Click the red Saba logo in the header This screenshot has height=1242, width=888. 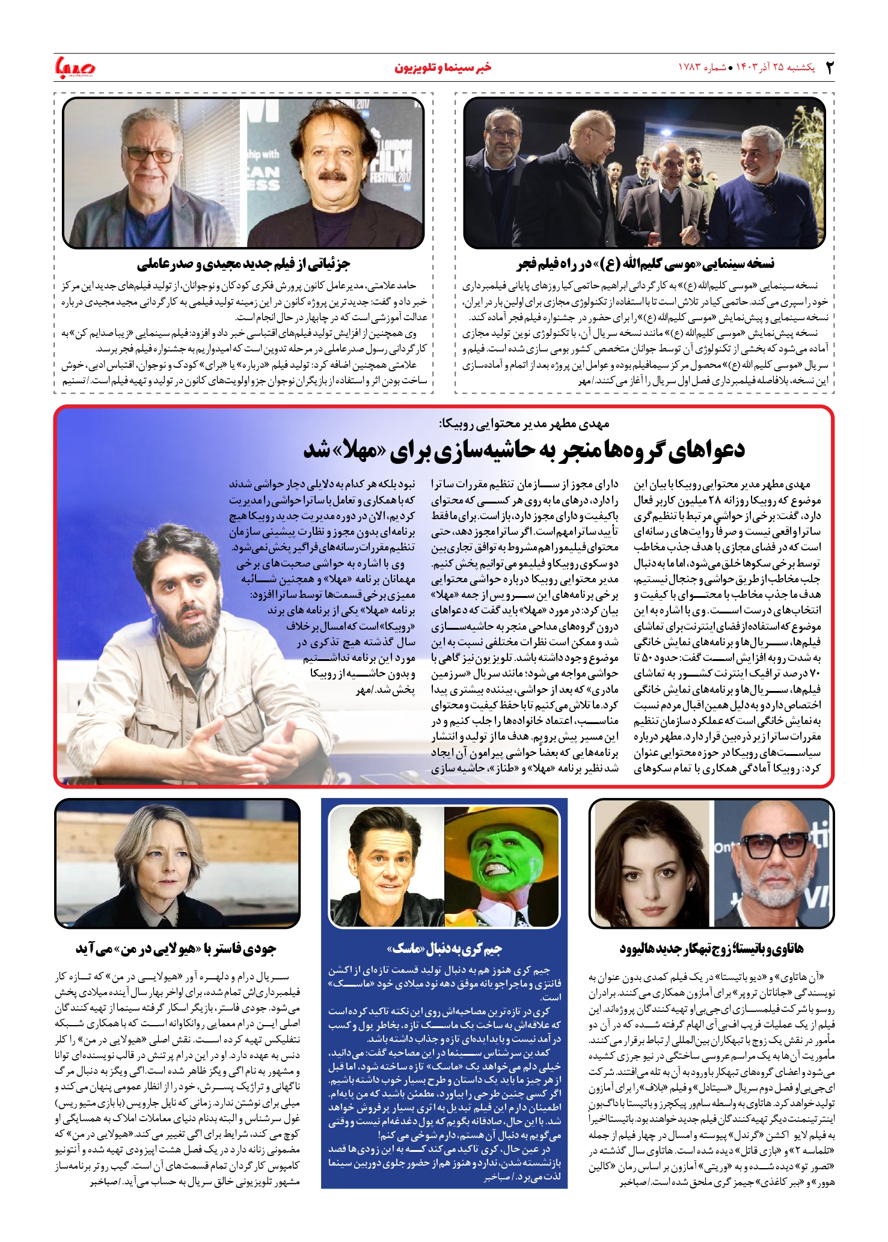[75, 67]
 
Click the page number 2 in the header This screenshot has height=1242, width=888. [829, 67]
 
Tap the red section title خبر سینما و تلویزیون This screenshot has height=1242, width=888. [442, 67]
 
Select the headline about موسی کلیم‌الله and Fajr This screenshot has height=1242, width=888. [645, 263]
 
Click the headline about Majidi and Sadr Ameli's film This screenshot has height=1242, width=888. [243, 263]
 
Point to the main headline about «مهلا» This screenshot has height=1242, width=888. [524, 450]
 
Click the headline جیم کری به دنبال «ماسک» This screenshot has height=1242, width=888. [444, 949]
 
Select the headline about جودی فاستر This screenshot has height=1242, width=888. [176, 949]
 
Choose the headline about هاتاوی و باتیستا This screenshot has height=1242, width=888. [711, 949]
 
